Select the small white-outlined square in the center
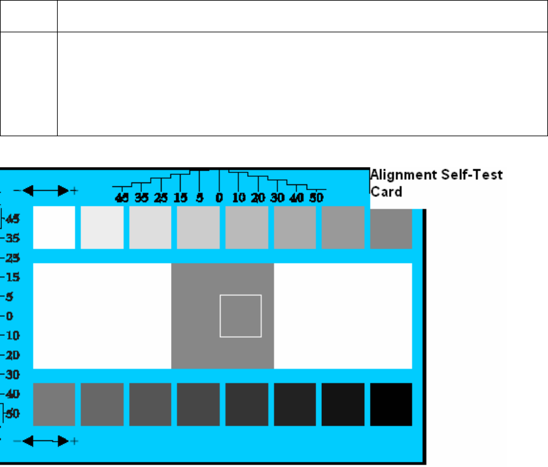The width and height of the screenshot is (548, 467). pos(240,316)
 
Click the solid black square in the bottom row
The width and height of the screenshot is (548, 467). pos(391,404)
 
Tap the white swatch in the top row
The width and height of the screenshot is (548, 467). pos(54,227)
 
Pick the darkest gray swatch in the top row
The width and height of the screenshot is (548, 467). pos(391,227)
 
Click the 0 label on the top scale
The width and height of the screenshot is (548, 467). pos(219,197)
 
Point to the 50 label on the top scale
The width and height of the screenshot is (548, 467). pos(315,197)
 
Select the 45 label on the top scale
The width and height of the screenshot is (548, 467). pos(122,197)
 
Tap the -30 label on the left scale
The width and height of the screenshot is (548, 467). pos(13,374)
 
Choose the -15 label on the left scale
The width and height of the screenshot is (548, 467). pos(13,277)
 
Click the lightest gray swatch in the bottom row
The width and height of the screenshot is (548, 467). pos(54,404)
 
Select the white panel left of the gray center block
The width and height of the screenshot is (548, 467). pos(102,316)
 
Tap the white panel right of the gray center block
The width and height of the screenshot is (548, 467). pos(343,316)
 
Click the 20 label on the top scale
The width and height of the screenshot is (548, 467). pos(258,197)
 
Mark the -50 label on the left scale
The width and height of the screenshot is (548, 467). pos(13,414)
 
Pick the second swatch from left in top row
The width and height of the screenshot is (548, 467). pos(102,227)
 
